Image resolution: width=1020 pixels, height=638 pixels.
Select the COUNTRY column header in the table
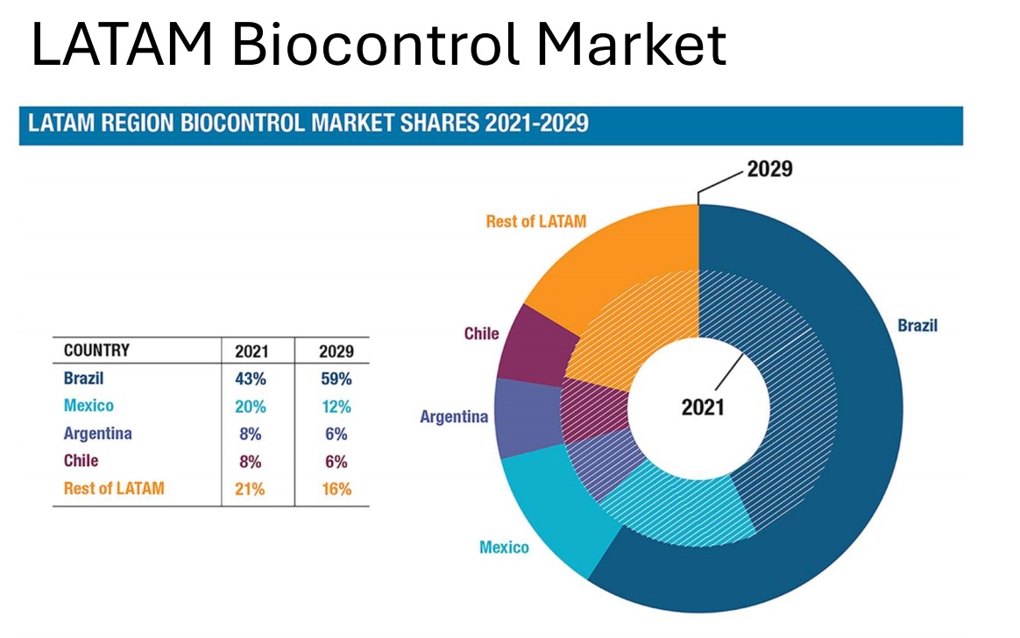(x=96, y=351)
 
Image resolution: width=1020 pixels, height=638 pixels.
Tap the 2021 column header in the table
(x=251, y=351)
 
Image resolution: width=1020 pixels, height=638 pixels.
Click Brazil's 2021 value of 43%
(x=251, y=379)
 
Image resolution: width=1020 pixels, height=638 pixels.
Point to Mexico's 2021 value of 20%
(x=251, y=407)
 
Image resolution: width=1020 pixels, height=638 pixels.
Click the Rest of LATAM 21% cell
(x=251, y=489)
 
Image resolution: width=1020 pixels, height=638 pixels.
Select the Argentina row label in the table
(x=98, y=434)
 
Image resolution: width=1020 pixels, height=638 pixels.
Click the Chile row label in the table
(x=81, y=461)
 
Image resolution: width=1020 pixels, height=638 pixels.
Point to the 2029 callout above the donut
(x=769, y=169)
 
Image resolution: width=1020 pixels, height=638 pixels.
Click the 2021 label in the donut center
(x=703, y=408)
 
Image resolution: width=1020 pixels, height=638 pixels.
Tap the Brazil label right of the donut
(x=917, y=326)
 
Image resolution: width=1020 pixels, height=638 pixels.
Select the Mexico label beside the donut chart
(x=504, y=548)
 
